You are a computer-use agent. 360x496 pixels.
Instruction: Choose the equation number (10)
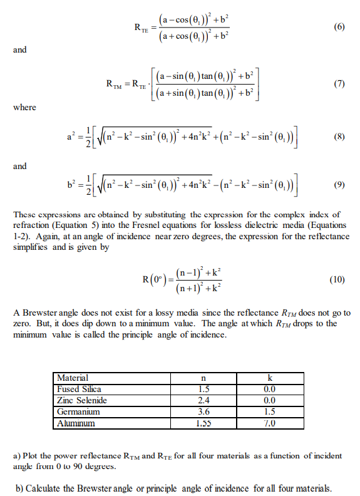(337, 279)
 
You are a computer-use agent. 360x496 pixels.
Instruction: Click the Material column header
(72, 378)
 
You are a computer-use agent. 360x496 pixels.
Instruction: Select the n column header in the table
(201, 378)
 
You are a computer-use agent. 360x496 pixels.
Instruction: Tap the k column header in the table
(270, 378)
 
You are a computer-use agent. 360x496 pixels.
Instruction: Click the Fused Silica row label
(79, 389)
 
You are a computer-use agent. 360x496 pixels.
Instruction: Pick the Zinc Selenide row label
(82, 400)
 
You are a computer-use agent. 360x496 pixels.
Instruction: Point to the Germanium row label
(78, 411)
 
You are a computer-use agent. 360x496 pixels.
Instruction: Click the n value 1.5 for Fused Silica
(201, 389)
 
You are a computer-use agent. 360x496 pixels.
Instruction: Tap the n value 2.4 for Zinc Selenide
(201, 400)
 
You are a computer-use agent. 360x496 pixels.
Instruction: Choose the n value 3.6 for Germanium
(201, 411)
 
